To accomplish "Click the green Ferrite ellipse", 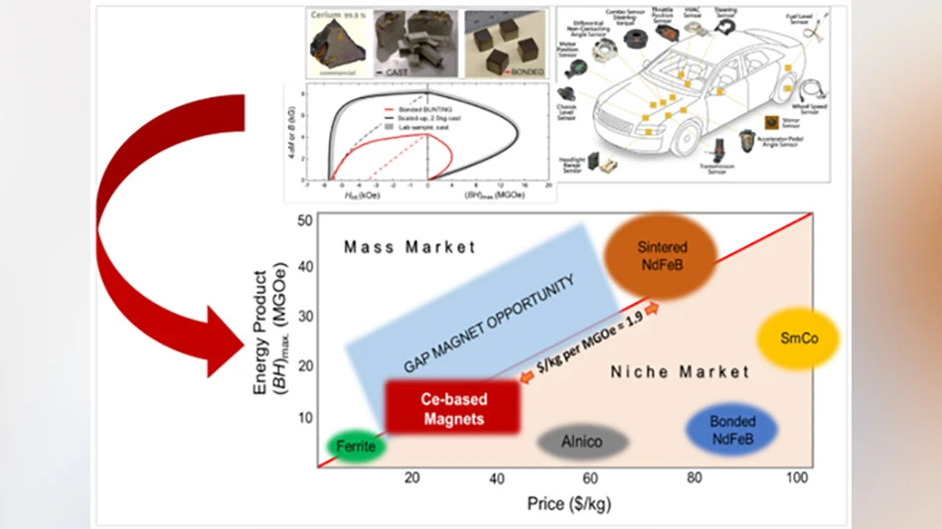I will point(354,447).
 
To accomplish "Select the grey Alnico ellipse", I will point(583,441).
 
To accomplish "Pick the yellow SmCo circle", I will point(798,339).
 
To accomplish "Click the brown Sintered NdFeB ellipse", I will point(663,255).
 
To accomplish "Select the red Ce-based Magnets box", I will point(452,408).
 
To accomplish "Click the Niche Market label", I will point(679,372).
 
